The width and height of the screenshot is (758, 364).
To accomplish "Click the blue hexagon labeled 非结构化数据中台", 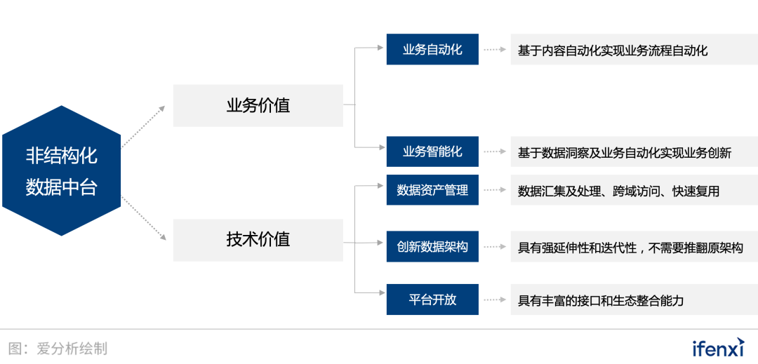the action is [61, 170].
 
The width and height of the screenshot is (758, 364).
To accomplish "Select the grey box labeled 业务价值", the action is [258, 106].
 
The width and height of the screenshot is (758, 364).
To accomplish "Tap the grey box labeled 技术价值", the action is [258, 240].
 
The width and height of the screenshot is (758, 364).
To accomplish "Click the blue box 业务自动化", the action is [432, 49].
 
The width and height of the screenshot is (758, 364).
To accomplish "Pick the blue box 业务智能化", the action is [432, 151].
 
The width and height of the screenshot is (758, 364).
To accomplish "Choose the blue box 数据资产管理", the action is [432, 190].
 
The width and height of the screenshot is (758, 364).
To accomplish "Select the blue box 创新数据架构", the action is [432, 247].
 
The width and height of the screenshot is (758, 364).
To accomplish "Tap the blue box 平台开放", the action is [432, 299].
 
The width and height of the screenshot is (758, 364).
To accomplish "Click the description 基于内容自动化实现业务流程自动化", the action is [613, 50].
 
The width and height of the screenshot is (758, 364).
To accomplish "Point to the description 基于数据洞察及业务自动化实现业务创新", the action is [625, 153].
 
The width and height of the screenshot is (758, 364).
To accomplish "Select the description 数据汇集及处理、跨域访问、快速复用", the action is [618, 191].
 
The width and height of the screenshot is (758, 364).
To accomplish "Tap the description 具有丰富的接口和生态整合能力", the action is [600, 301].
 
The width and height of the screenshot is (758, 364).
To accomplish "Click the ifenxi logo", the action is [718, 346].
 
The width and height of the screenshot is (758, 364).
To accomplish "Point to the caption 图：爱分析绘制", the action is [58, 349].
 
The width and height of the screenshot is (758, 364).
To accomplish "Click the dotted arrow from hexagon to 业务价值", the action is [143, 126].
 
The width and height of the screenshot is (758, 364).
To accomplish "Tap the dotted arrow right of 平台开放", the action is [495, 299].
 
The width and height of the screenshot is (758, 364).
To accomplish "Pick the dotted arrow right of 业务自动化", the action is [495, 49].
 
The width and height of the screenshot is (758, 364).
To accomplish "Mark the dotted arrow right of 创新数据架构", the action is [495, 247].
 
